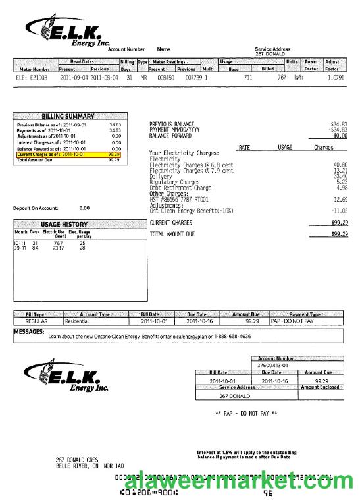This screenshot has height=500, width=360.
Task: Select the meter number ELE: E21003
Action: (x=32, y=78)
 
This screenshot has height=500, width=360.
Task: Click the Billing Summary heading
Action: (x=68, y=116)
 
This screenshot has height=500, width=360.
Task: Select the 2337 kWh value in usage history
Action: (x=59, y=248)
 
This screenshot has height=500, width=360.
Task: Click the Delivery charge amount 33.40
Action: (x=340, y=176)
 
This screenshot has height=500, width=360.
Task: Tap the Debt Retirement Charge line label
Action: (x=180, y=188)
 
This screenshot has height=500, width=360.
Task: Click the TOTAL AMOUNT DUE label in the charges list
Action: (x=172, y=234)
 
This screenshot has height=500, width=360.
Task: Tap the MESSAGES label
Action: (x=29, y=332)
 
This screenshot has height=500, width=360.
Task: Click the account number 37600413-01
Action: (x=276, y=364)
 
